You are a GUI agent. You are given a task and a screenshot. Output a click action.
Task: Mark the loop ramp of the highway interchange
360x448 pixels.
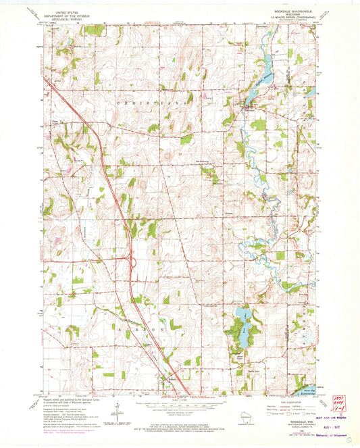pos(132,262)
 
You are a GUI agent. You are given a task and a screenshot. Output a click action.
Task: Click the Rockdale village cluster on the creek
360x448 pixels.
pos(248,108)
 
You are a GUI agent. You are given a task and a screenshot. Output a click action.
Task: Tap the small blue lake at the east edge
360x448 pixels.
pos(312,92)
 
